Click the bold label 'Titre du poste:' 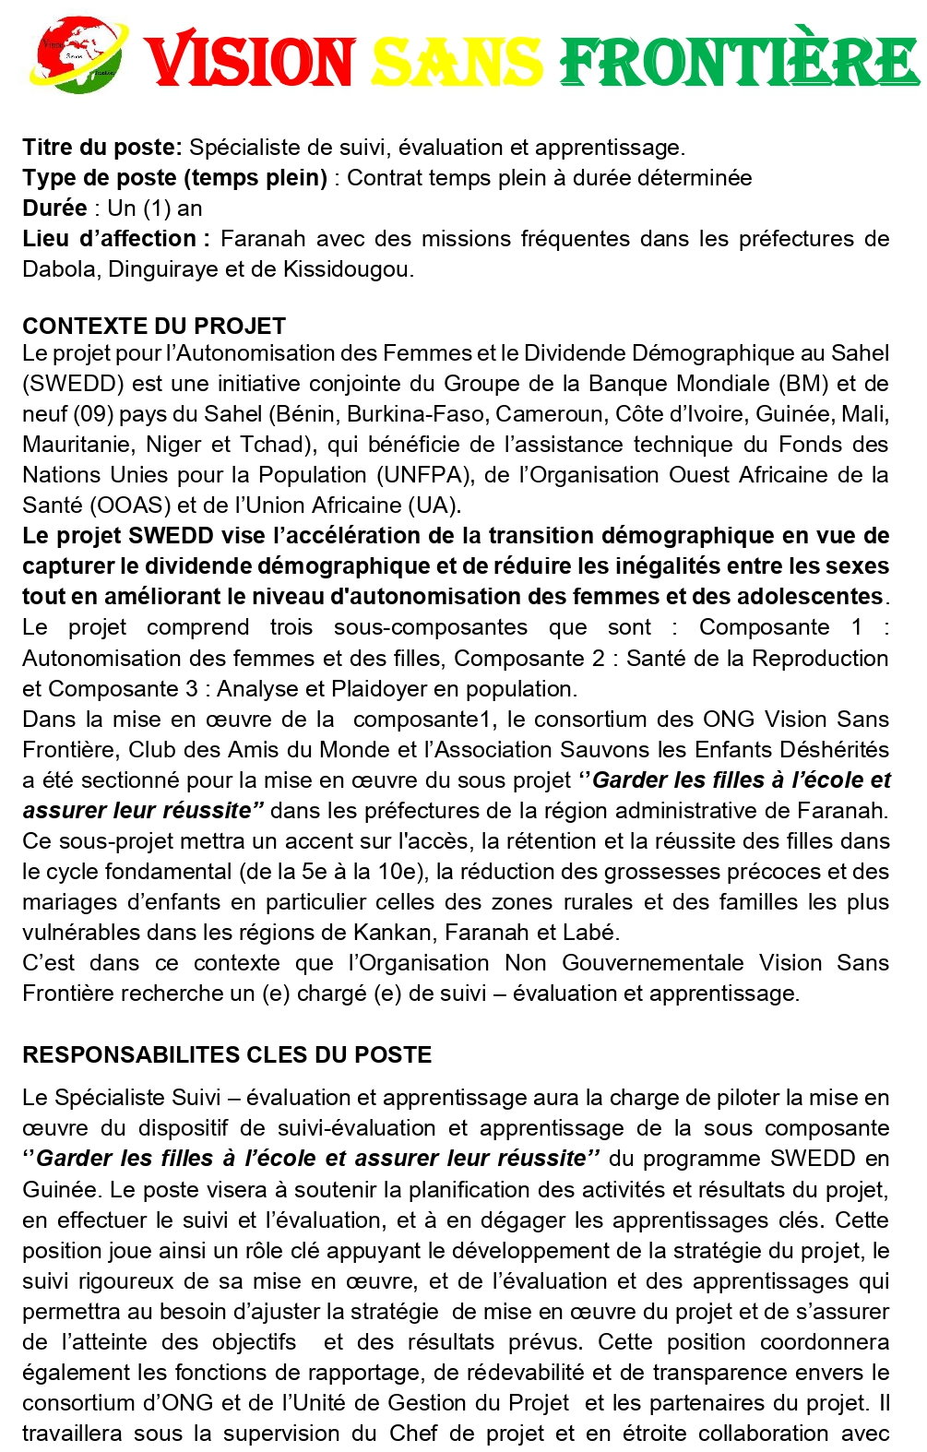pos(102,148)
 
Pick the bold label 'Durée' pos(54,208)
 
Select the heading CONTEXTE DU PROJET pos(154,326)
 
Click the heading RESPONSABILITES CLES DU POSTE pos(227,1055)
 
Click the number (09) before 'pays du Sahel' pos(92,414)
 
